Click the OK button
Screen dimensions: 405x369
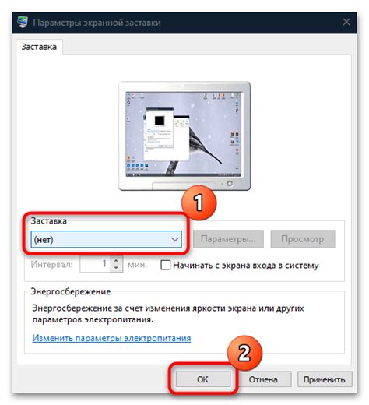pyautogui.click(x=202, y=379)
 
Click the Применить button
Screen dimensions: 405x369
pyautogui.click(x=323, y=379)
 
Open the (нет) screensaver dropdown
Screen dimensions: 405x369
pyautogui.click(x=106, y=239)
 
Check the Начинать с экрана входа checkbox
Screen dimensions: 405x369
pyautogui.click(x=166, y=265)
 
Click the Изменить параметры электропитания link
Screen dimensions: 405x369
pyautogui.click(x=111, y=339)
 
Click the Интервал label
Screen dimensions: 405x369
pyautogui.click(x=52, y=265)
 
